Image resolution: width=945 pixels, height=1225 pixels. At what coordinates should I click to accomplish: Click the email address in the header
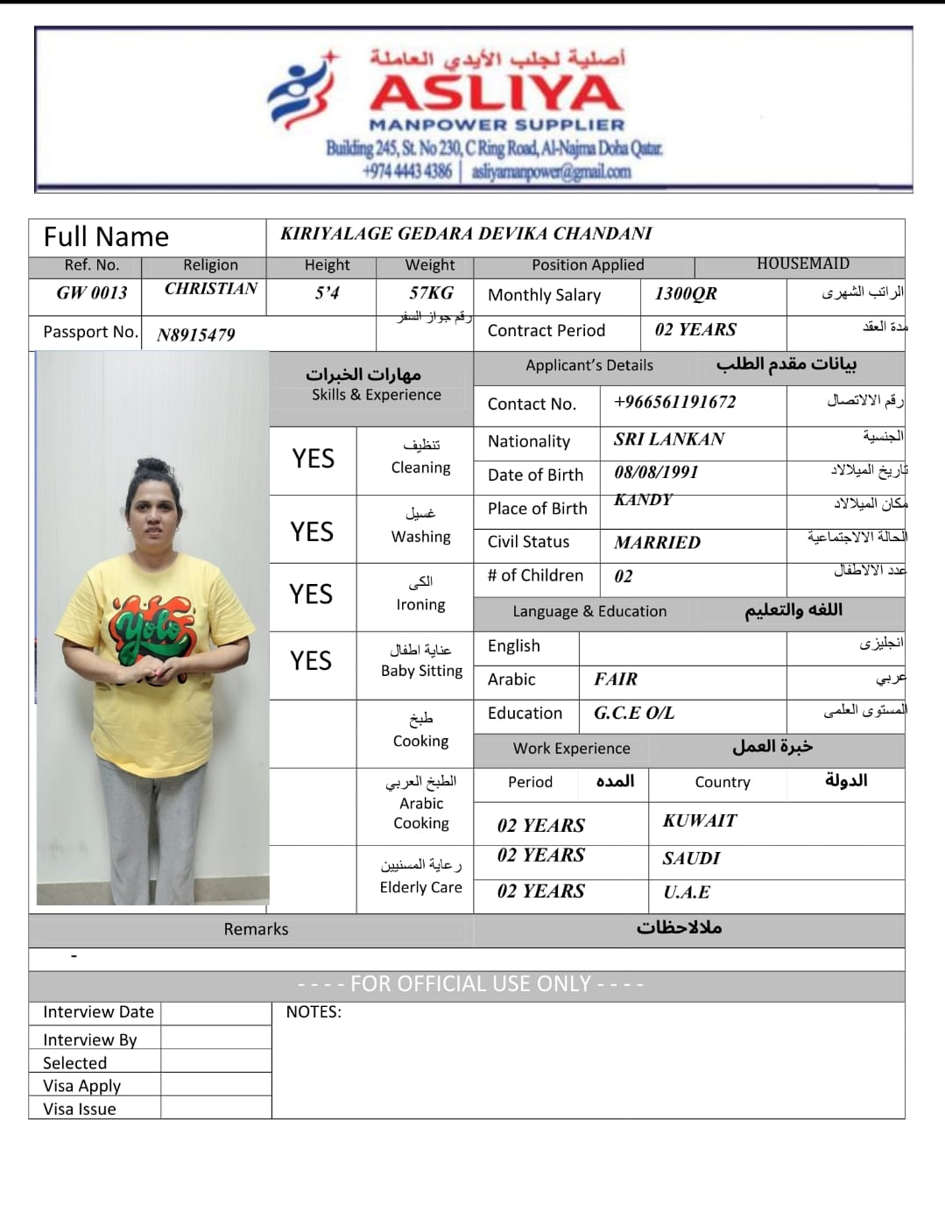(x=551, y=172)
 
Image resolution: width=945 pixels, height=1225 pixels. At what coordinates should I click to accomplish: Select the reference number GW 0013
(x=92, y=293)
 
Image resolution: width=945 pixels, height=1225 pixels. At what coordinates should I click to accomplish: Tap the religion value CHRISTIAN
(x=211, y=289)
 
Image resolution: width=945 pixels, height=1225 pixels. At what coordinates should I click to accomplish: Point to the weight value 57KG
(x=431, y=293)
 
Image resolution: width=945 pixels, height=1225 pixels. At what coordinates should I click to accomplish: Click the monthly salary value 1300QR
(x=686, y=294)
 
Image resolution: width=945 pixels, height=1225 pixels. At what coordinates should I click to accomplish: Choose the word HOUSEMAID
(x=802, y=264)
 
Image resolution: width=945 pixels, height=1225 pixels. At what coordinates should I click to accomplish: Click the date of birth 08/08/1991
(x=656, y=473)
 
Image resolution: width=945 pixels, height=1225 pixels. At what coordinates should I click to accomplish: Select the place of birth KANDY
(x=643, y=500)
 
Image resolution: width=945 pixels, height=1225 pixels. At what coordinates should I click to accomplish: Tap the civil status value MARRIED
(x=657, y=543)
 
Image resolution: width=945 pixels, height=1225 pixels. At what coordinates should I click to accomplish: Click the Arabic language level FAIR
(x=616, y=679)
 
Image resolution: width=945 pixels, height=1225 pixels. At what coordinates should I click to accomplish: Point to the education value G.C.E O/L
(x=634, y=714)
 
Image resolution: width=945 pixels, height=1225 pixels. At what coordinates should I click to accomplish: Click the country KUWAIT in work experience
(x=699, y=821)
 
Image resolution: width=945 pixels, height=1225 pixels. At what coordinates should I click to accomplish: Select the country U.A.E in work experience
(x=687, y=892)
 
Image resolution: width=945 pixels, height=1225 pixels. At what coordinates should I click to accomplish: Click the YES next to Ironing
(x=311, y=595)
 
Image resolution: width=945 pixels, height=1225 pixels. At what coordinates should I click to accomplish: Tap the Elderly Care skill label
(x=420, y=887)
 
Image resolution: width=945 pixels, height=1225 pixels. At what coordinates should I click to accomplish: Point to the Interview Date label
(x=98, y=1012)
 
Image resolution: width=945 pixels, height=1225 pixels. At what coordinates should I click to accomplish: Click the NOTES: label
(x=314, y=1012)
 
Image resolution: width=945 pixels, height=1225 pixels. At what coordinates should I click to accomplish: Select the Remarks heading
(x=256, y=930)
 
